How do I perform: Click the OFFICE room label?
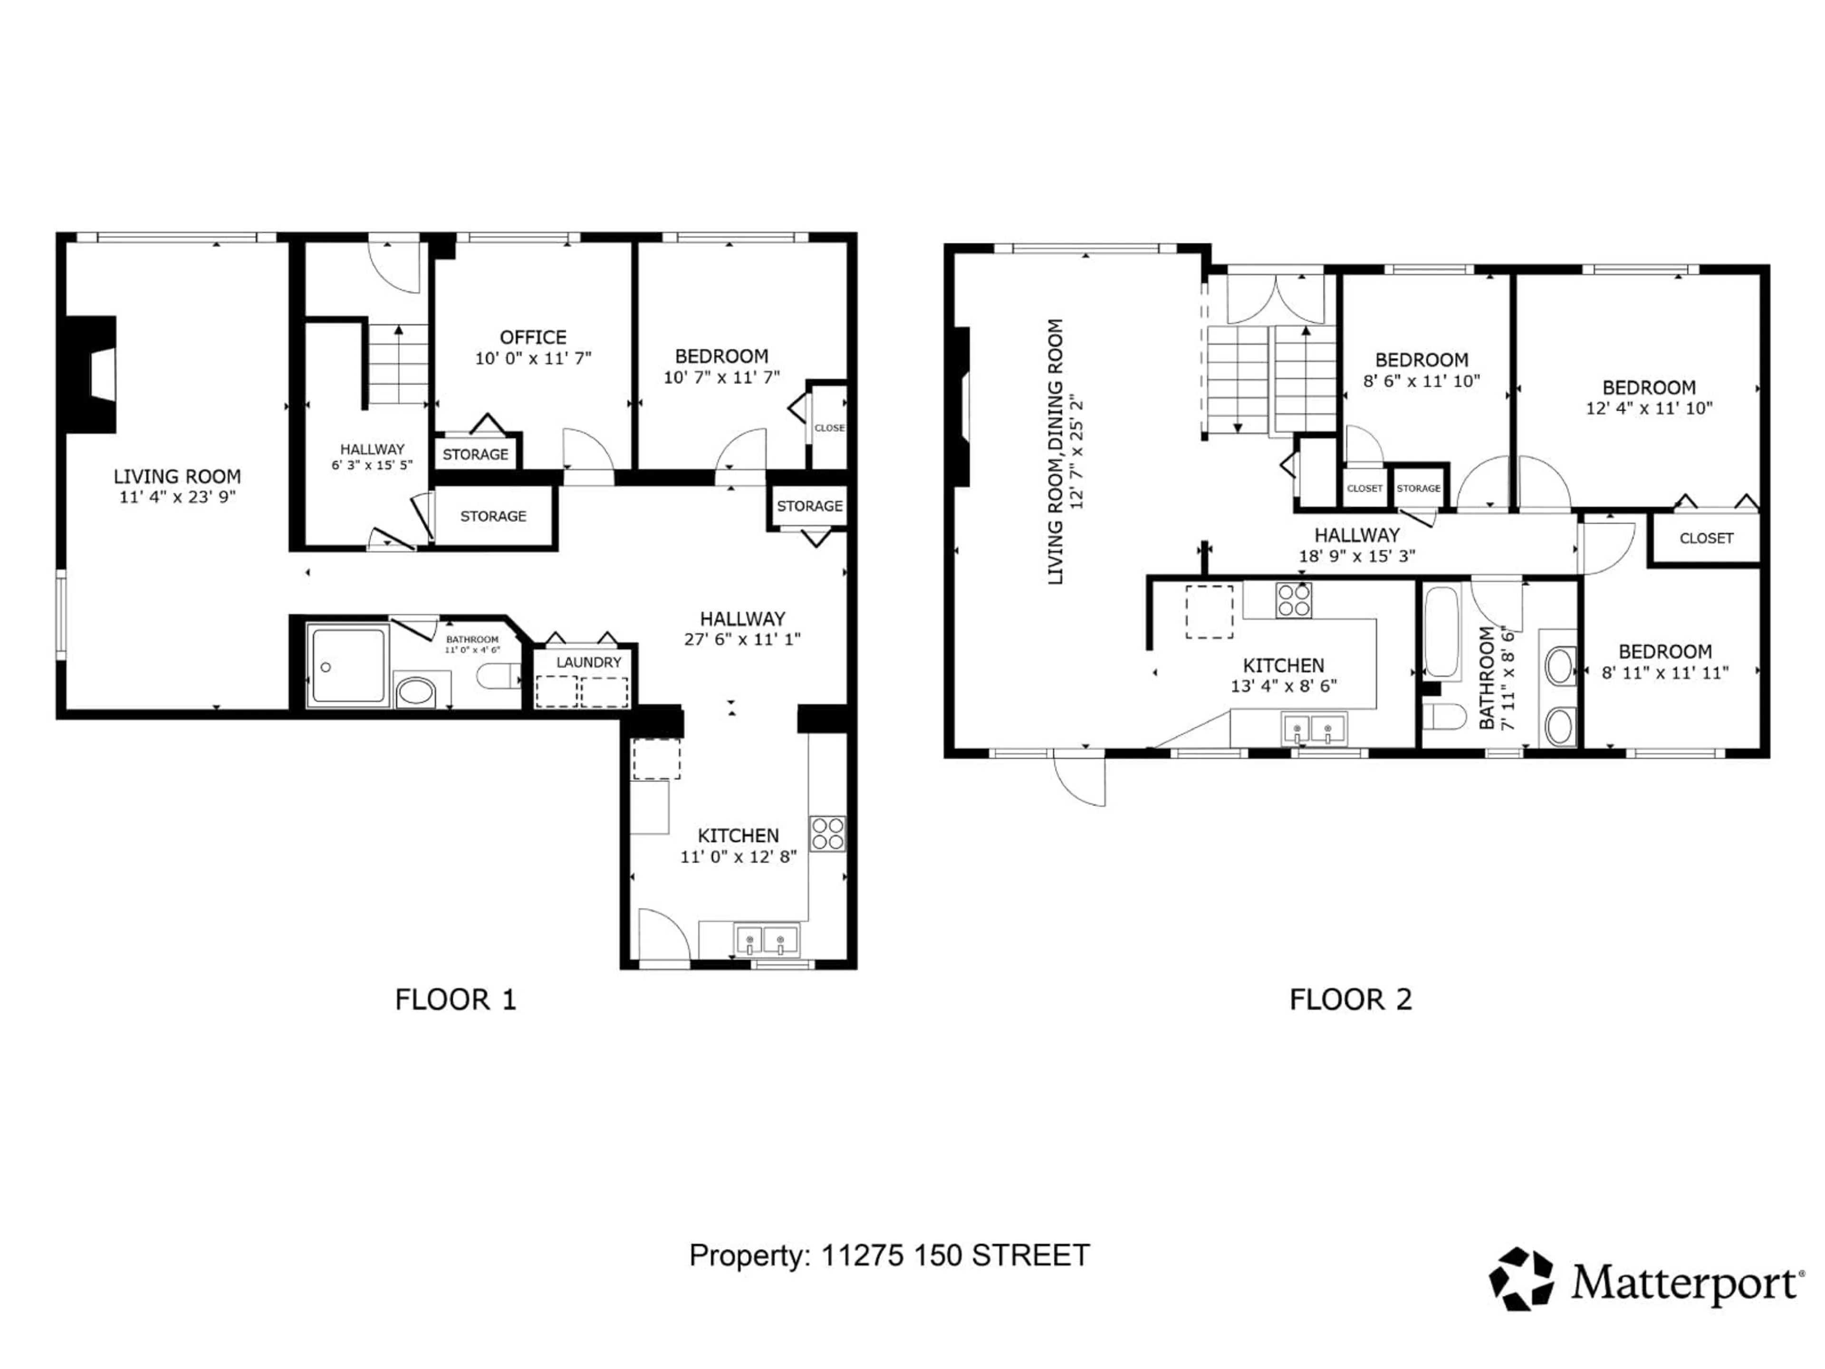(x=533, y=337)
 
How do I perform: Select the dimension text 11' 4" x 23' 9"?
(x=177, y=497)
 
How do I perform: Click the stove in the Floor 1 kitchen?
(x=826, y=833)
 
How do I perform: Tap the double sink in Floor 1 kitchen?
(x=767, y=940)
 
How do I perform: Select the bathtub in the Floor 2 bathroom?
(x=1441, y=631)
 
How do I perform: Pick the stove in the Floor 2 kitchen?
(x=1293, y=600)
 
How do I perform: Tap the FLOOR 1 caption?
(x=455, y=999)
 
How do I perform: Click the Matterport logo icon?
(x=1520, y=1278)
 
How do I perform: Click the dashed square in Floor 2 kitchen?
(x=1209, y=611)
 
